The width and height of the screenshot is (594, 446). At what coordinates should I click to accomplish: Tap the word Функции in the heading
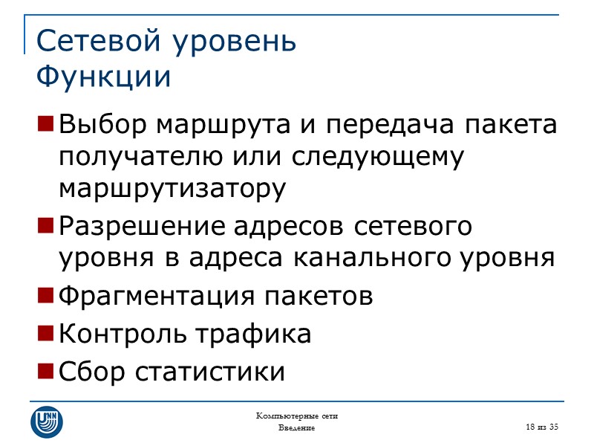(x=103, y=77)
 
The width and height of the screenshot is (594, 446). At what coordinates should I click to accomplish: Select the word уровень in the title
(x=234, y=42)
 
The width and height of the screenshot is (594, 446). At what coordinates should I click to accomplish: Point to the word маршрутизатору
(x=172, y=190)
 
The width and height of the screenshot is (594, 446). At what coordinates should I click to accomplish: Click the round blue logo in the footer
(x=47, y=421)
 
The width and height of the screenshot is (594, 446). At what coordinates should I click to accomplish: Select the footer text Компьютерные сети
(x=296, y=415)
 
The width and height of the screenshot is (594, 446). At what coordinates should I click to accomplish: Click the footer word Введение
(x=296, y=428)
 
